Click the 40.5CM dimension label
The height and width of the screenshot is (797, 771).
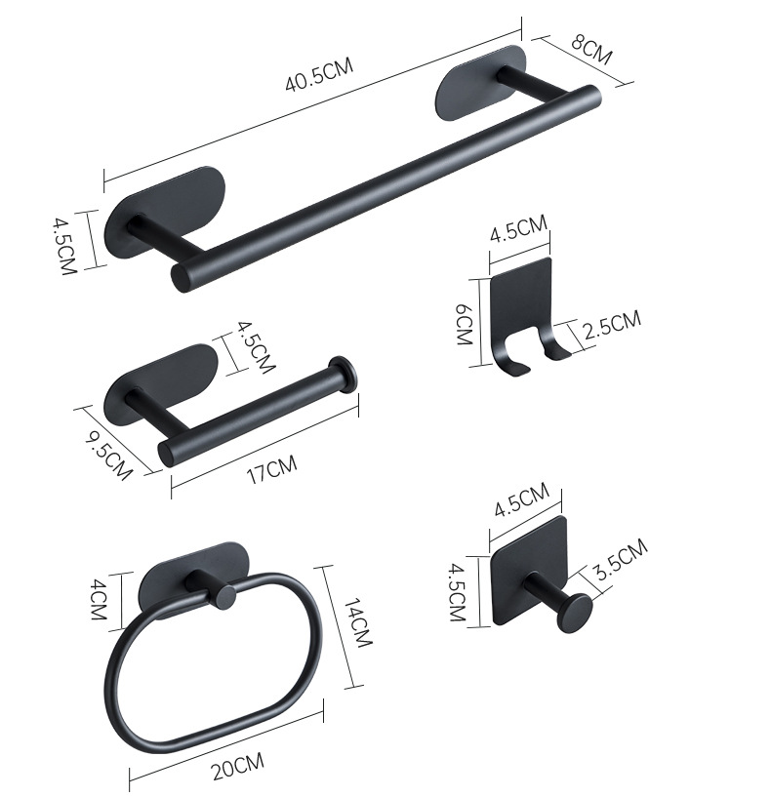coord(319,75)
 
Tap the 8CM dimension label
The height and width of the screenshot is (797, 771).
coord(591,50)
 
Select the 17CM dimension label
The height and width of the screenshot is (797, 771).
coord(271,469)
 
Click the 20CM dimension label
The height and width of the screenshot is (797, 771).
coord(238,766)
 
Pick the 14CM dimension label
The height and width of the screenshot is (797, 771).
coord(358,623)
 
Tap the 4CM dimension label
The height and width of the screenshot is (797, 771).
coord(98,600)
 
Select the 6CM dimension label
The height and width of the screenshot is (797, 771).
coord(465,324)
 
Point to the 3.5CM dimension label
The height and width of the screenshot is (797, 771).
coord(622,560)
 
